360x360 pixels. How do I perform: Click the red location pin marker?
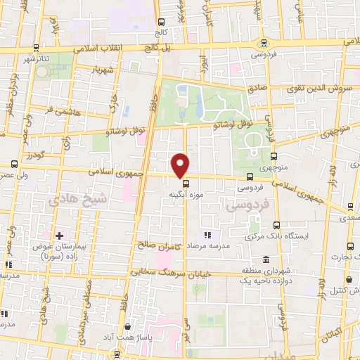181,165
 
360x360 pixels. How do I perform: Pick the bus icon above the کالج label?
161,22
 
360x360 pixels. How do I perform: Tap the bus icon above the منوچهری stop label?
274,157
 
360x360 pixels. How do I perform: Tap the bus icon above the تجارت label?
351,245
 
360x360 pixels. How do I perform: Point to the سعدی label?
349,219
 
